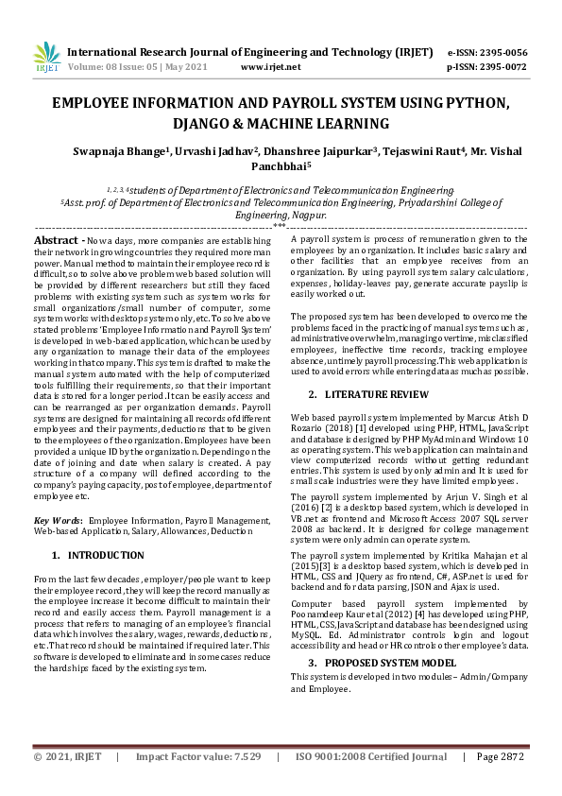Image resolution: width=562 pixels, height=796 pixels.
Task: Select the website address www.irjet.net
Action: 271,67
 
